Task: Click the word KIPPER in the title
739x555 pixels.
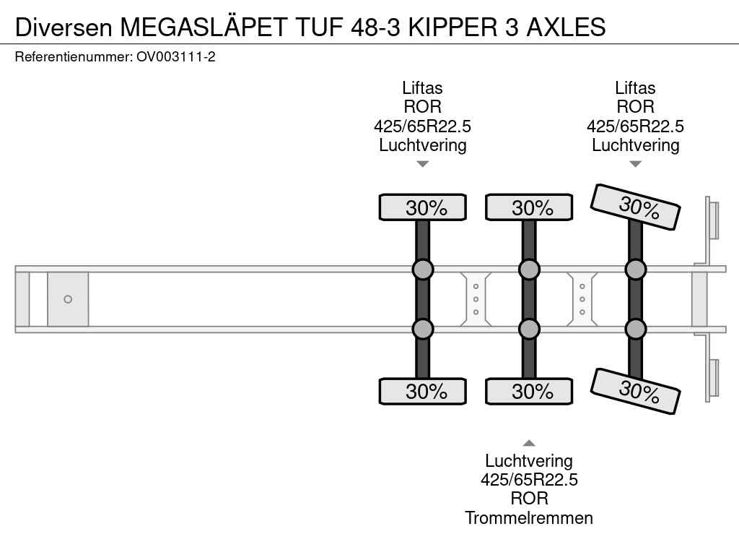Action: (448, 27)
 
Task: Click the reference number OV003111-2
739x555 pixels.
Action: (175, 56)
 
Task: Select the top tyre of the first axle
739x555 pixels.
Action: (423, 207)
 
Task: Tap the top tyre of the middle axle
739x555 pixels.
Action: (529, 207)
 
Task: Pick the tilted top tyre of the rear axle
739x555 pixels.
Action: (635, 207)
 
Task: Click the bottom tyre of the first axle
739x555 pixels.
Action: (423, 392)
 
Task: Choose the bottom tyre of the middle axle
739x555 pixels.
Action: (529, 392)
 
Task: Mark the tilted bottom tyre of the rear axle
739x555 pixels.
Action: (635, 392)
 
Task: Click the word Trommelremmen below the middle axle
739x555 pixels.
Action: (529, 517)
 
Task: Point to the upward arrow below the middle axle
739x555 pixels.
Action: (529, 443)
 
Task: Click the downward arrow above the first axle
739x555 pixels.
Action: (423, 164)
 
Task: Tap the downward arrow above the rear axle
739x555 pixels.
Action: (635, 164)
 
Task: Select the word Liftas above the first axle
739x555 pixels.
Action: (423, 88)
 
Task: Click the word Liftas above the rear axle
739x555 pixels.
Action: (635, 88)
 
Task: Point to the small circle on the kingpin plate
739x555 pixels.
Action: (68, 299)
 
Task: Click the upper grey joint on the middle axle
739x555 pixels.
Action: (529, 270)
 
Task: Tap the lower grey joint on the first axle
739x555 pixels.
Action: (423, 329)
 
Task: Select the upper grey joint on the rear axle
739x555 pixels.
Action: (635, 270)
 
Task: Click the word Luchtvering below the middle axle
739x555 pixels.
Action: (529, 461)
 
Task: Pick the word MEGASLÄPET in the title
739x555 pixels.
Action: (206, 27)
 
